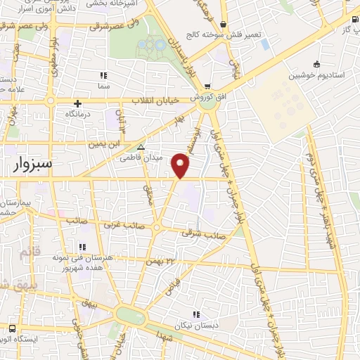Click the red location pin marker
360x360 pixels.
(x=181, y=167)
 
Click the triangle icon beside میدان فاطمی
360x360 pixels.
(x=141, y=148)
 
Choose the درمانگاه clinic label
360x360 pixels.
(x=79, y=113)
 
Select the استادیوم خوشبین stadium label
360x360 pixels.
(x=318, y=74)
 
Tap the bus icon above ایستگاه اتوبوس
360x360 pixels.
(x=13, y=328)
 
